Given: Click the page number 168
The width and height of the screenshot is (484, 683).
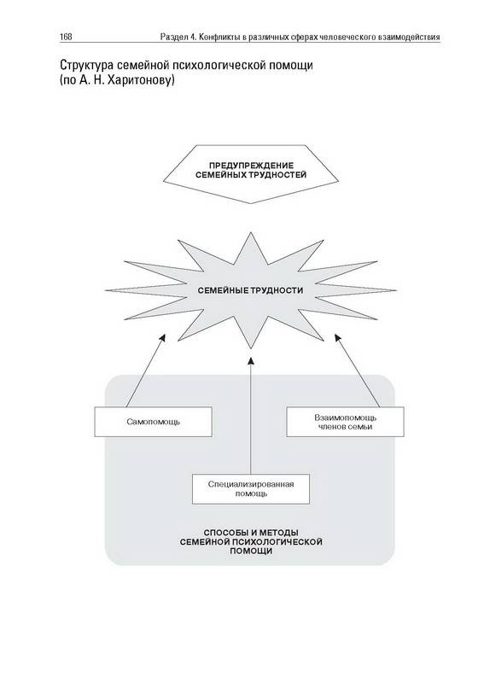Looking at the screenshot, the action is (x=67, y=37).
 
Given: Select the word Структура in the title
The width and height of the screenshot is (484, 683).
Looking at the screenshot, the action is (x=87, y=66).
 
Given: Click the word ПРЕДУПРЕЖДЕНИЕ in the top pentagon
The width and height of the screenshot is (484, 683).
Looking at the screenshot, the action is (x=251, y=166).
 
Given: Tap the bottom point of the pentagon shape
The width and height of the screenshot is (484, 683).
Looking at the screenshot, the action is (x=251, y=203).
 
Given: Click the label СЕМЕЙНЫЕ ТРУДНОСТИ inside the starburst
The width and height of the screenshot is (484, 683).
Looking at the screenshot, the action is (x=250, y=290).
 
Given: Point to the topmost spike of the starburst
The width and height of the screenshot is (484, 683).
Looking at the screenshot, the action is (x=251, y=233).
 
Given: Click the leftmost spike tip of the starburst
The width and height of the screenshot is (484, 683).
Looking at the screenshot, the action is (x=106, y=290).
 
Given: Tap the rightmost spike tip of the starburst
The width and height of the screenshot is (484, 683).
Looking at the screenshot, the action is (x=396, y=290).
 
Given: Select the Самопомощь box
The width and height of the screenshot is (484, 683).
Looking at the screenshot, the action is (x=154, y=422).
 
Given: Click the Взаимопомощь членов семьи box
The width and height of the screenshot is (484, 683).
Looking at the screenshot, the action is (x=345, y=422).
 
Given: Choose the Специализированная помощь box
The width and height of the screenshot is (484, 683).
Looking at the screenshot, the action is (x=251, y=488).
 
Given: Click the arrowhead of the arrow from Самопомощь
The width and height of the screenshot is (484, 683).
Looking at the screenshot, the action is (x=162, y=338).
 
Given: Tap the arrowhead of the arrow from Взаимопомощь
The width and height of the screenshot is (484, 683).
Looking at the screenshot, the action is (x=338, y=338).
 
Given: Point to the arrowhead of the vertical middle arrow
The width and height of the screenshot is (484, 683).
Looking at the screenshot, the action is (x=251, y=360).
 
